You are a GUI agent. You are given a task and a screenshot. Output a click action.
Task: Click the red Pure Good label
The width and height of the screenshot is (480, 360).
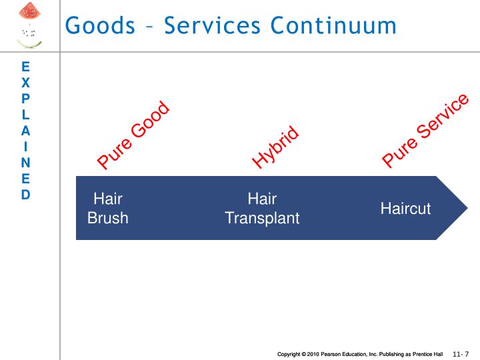pos(133,135)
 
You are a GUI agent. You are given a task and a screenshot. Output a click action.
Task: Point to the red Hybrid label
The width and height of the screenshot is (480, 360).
pos(275,148)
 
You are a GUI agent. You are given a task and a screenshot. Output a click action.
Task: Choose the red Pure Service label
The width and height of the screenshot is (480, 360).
pos(425,131)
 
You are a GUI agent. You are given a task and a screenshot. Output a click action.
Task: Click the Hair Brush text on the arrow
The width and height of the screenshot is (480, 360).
pos(107,208)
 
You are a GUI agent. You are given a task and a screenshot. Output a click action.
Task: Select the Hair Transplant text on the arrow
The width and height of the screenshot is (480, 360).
pos(262,208)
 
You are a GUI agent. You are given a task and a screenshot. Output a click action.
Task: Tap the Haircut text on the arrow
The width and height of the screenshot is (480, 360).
pos(405,209)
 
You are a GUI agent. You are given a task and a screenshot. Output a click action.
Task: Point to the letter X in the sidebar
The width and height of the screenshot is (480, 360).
pos(25,83)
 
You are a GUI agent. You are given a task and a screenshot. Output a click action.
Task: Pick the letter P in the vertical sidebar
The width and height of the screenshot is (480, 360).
pos(25,99)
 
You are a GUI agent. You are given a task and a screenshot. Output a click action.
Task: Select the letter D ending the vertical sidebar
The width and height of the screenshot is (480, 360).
pos(25,195)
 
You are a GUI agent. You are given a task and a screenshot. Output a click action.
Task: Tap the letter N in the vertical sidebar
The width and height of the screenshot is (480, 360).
pos(25,163)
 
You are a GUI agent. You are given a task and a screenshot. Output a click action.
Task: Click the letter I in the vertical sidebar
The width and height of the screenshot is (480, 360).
pos(25,147)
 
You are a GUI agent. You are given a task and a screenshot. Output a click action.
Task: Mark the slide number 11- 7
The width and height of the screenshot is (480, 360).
pos(461,353)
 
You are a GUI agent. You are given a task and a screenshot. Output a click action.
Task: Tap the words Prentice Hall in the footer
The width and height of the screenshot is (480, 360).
pos(428,353)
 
